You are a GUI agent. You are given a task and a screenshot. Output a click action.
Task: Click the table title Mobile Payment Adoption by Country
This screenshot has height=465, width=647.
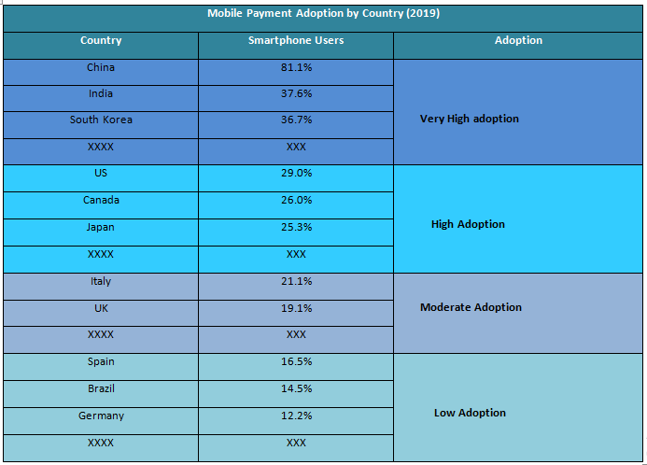(x=323, y=14)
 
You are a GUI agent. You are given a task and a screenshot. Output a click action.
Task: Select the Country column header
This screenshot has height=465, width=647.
(x=101, y=41)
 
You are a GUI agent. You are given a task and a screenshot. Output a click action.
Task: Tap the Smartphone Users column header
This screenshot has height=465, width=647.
(x=296, y=41)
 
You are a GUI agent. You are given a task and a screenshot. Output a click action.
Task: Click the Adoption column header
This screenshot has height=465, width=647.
(x=518, y=41)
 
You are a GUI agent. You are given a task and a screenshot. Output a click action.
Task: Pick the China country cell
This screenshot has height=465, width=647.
(x=101, y=68)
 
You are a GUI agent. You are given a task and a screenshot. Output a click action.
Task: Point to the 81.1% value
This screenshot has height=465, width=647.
(x=296, y=68)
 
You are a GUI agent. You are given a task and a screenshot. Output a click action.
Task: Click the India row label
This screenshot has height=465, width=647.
(x=101, y=94)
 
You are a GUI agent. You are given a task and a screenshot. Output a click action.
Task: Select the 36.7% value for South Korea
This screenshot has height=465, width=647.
(x=296, y=120)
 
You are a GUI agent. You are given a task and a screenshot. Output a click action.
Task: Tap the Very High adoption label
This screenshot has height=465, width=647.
(x=469, y=120)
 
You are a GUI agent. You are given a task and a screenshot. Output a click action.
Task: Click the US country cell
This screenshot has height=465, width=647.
(x=101, y=174)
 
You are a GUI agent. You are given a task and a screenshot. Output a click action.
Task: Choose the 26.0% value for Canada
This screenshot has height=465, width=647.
(x=296, y=201)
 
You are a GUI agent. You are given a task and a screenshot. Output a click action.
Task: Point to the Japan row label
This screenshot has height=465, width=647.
(x=101, y=228)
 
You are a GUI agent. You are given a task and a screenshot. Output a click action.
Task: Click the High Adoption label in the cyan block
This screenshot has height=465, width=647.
(x=468, y=225)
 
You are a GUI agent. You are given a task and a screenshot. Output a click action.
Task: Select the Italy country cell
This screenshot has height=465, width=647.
(x=101, y=282)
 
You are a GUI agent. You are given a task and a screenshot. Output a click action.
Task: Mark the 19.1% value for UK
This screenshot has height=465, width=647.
(x=296, y=308)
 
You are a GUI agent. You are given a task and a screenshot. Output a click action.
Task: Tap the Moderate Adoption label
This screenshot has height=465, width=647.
(x=471, y=308)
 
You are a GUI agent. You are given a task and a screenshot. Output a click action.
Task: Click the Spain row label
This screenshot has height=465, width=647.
(x=101, y=362)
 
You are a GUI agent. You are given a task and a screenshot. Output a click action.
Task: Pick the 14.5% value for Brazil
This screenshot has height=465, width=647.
(x=296, y=389)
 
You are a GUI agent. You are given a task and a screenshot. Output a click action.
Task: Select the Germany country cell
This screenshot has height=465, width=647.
(x=101, y=416)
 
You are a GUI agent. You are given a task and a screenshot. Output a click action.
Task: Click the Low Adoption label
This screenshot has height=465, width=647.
(x=470, y=414)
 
